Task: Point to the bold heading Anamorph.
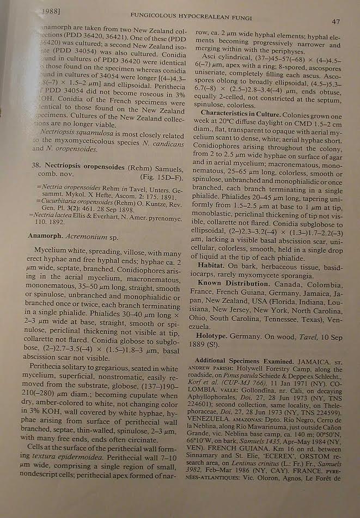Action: coord(46,236)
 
